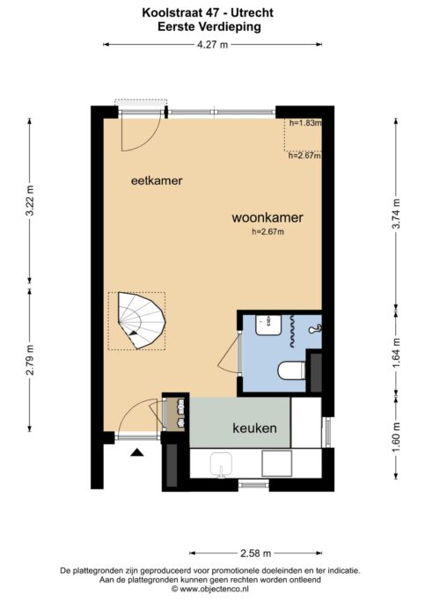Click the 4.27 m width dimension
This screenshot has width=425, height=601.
[212, 45]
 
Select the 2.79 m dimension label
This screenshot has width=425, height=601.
[30, 360]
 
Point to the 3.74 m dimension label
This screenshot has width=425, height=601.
[396, 214]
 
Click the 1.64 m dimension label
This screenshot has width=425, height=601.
[396, 353]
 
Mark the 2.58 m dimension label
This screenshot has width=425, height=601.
[255, 553]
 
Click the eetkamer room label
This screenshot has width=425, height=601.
[157, 180]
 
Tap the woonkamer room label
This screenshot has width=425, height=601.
[267, 217]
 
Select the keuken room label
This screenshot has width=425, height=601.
[255, 429]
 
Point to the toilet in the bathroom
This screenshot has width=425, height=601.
[291, 370]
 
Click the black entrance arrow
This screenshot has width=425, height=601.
[136, 452]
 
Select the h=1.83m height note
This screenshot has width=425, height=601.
[305, 123]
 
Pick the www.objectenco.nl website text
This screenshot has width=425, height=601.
[214, 589]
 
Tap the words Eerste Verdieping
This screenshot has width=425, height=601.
[209, 26]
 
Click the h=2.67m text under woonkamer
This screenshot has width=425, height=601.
[267, 231]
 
